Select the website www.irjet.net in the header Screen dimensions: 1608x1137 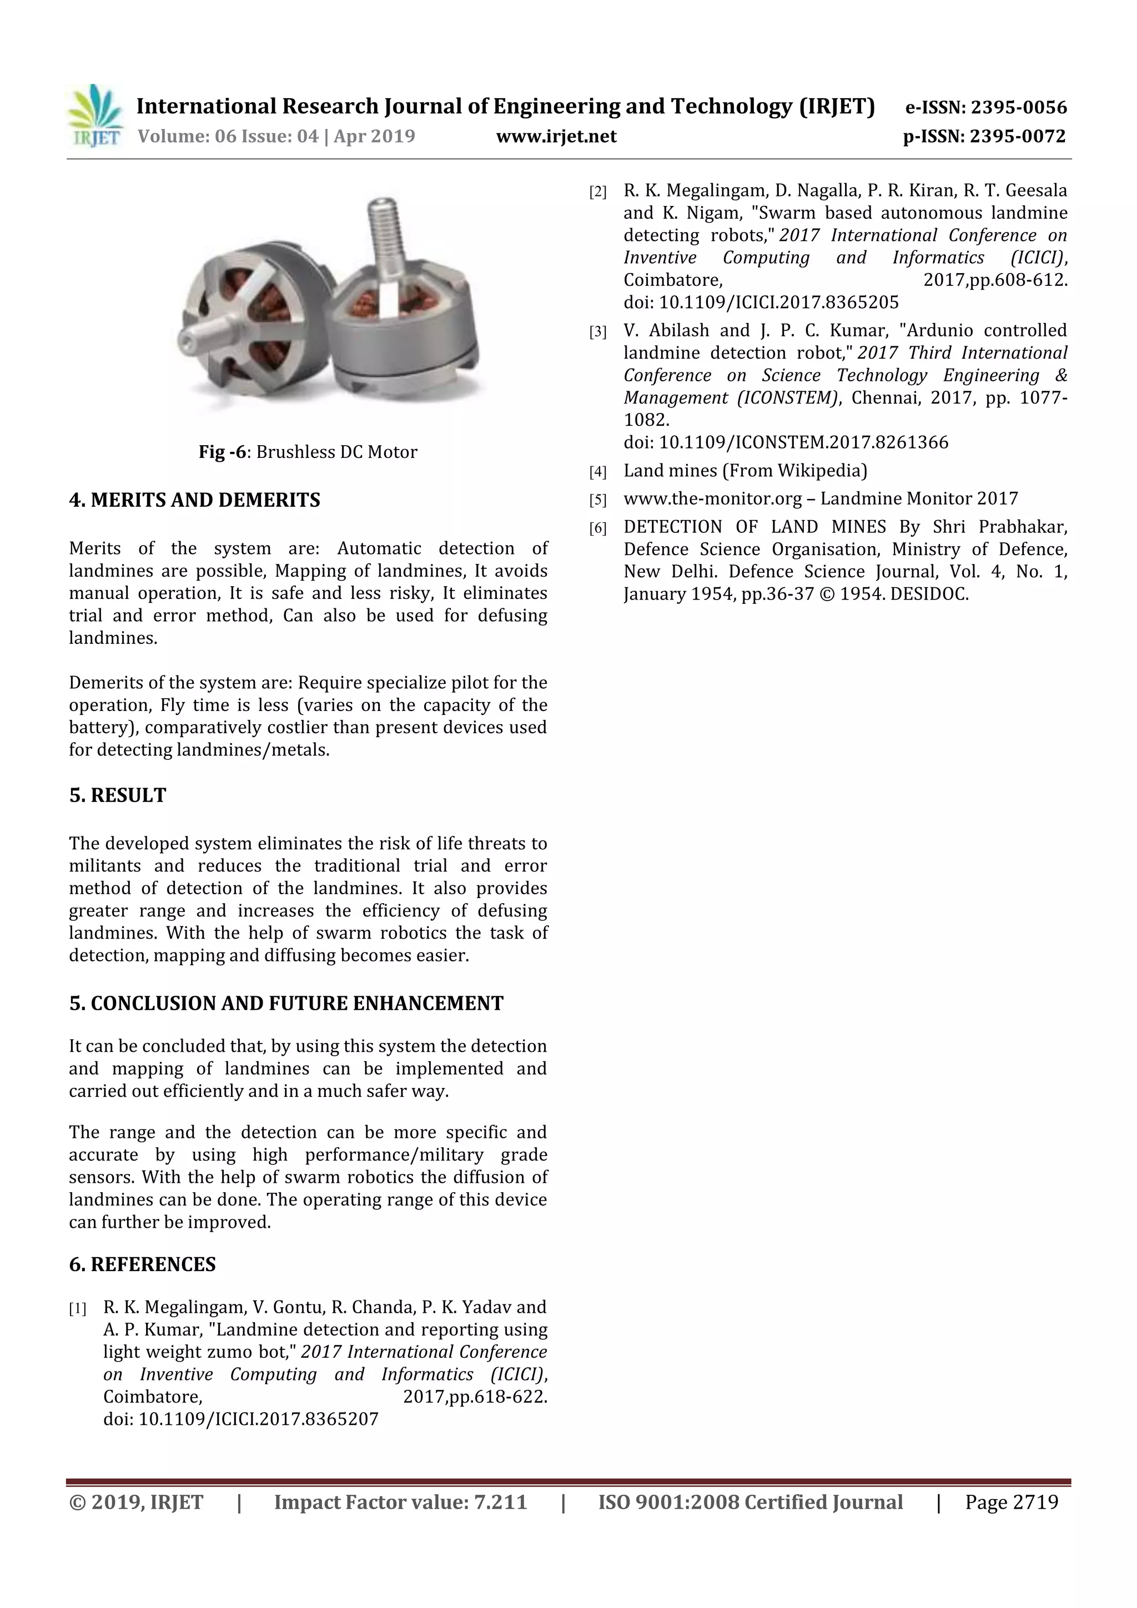click(556, 137)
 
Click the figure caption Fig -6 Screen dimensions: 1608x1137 click(222, 452)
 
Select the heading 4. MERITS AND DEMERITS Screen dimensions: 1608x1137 click(195, 500)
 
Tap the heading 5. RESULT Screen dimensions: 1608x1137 click(118, 795)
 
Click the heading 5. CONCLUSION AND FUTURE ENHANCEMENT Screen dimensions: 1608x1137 click(286, 1003)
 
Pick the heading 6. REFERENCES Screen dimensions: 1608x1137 click(142, 1264)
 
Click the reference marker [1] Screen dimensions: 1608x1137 click(78, 1308)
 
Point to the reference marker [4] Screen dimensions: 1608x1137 click(597, 472)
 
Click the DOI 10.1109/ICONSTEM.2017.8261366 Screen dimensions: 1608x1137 click(803, 442)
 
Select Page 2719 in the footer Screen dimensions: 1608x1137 click(1011, 1502)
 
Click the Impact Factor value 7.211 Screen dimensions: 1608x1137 click(500, 1502)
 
